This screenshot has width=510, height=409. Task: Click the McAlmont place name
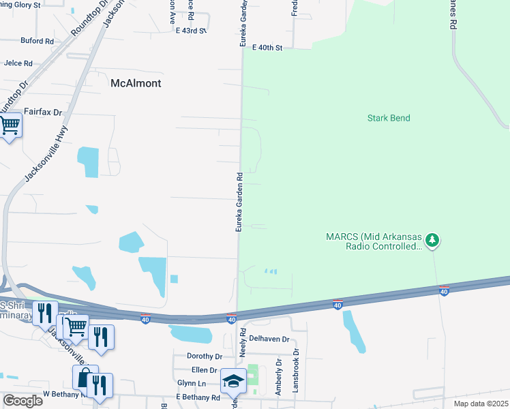(136, 83)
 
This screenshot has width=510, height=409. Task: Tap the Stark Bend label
(389, 118)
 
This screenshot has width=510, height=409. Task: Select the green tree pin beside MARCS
(432, 240)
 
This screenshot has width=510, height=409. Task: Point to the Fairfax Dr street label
(43, 111)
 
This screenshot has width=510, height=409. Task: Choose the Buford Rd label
(37, 41)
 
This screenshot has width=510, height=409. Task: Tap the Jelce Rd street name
(18, 63)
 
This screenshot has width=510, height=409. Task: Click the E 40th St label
(267, 48)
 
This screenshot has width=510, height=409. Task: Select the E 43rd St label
(190, 31)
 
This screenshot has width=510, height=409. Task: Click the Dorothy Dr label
(205, 356)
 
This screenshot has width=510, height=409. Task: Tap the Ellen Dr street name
(204, 370)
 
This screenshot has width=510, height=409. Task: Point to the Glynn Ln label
(191, 383)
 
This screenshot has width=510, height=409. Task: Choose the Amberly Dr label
(278, 376)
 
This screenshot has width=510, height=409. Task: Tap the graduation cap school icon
(233, 381)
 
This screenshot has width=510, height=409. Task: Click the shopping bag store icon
(85, 377)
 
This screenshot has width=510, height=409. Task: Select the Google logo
(22, 400)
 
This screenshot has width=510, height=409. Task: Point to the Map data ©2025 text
(480, 404)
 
